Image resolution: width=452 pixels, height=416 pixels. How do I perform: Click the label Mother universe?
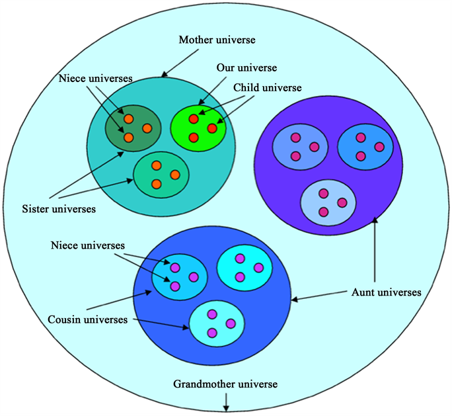[x=217, y=40]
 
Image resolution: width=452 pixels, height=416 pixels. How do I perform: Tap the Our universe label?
[x=246, y=68]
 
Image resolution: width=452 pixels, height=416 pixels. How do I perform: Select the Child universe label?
[x=266, y=87]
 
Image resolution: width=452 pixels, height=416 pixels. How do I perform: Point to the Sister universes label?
[x=58, y=209]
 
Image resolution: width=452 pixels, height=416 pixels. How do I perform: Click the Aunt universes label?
[x=385, y=291]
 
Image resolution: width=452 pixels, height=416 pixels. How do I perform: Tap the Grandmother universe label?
[x=227, y=384]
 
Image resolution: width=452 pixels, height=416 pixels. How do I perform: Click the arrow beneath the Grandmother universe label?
[x=227, y=401]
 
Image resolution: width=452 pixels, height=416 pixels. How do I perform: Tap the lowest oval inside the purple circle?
[x=328, y=202]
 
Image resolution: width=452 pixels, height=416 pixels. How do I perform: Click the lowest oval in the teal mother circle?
[x=161, y=175]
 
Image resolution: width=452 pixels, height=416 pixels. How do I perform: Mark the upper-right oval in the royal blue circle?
[x=245, y=267]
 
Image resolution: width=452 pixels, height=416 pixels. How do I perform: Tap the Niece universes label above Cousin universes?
[x=87, y=246]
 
